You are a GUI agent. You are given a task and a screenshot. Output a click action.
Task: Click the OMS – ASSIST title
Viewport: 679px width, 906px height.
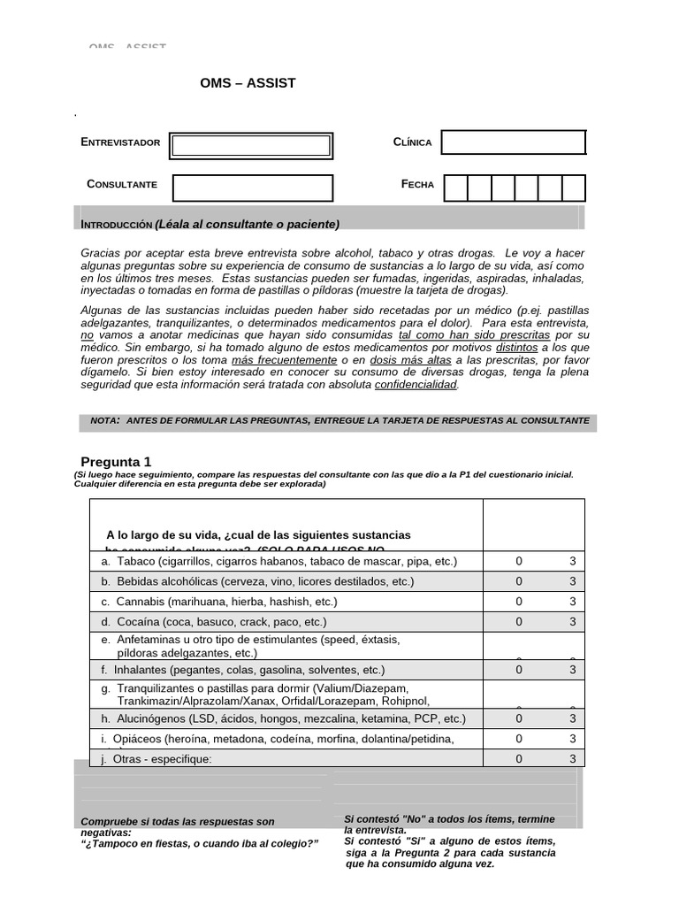[x=248, y=83]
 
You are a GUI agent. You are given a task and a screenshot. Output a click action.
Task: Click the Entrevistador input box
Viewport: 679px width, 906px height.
[x=251, y=145]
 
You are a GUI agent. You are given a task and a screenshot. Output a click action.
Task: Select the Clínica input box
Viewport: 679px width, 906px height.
[x=513, y=142]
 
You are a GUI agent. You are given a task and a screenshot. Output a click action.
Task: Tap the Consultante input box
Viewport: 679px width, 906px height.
[x=252, y=188]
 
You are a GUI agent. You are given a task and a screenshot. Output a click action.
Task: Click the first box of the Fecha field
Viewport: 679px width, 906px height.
[x=455, y=188]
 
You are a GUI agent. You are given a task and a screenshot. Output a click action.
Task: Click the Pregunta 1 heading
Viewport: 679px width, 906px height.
[x=116, y=461]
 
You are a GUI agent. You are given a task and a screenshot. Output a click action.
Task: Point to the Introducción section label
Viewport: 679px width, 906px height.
[x=117, y=224]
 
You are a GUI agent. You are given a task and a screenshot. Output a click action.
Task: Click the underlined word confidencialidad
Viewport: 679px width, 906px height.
[x=416, y=385]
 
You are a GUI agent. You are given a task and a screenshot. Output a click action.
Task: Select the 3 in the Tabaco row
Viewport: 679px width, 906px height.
[x=572, y=561]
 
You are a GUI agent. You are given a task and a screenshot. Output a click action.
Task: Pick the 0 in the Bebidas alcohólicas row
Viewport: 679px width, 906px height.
[x=519, y=581]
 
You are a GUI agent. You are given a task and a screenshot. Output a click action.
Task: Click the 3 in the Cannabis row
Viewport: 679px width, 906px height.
[x=572, y=602]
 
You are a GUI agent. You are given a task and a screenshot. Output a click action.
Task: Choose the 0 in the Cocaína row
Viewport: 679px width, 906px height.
[x=519, y=622]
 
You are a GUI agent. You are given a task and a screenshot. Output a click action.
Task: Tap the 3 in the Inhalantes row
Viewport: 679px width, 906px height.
[x=572, y=670]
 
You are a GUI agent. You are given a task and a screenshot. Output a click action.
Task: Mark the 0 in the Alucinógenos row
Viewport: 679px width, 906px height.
[x=519, y=718]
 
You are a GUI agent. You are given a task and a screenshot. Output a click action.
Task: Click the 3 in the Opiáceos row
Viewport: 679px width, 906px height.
[x=572, y=739]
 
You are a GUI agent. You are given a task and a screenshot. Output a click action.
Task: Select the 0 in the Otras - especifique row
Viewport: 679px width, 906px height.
[x=519, y=758]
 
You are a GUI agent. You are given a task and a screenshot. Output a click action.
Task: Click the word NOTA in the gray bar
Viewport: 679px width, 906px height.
[x=104, y=420]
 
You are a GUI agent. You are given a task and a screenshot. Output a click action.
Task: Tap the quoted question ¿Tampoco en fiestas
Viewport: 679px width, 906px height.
[x=199, y=843]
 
